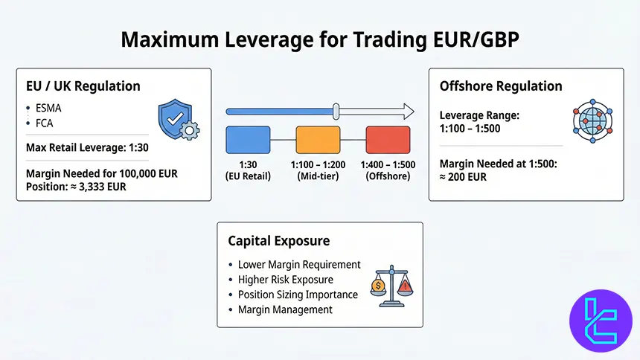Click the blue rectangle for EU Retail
pos(248,139)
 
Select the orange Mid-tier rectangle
pos(318,139)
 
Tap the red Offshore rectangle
pos(388,139)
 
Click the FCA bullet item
pos(45,123)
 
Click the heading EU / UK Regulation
pos(83,86)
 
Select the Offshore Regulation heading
pos(501,86)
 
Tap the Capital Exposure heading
pos(278,241)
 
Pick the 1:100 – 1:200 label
pos(318,164)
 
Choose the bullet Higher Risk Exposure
pos(286,279)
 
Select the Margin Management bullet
pos(285,309)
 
